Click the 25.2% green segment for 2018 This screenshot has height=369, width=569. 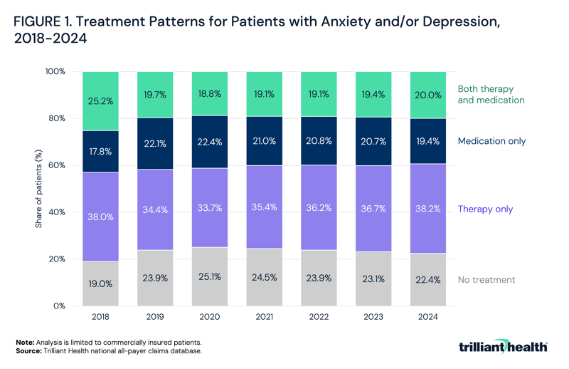101,101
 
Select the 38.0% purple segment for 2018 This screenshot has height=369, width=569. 101,217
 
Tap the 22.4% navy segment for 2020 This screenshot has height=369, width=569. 210,142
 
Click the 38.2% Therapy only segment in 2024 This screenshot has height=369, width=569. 427,209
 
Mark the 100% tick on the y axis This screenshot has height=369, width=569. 54,72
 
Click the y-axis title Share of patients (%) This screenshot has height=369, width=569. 38,189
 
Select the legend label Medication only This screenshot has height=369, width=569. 491,141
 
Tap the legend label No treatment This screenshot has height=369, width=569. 486,280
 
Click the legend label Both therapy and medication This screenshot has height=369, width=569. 491,95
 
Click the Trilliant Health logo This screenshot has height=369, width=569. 504,347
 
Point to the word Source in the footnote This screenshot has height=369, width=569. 29,350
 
